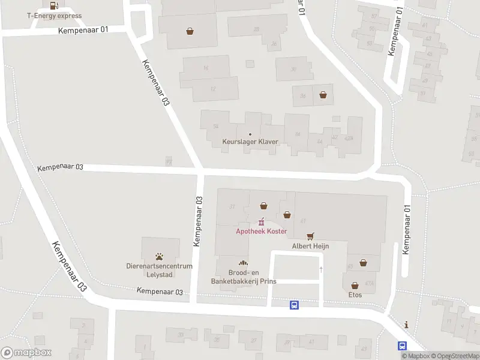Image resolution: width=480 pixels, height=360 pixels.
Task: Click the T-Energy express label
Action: click(x=54, y=16)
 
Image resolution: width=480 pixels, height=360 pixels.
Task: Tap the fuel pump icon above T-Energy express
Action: click(x=54, y=6)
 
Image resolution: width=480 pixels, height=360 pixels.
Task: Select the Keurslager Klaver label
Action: click(x=250, y=142)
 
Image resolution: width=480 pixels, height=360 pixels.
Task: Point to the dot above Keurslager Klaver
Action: click(x=250, y=134)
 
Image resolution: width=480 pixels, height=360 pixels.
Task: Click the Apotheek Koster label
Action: click(x=261, y=232)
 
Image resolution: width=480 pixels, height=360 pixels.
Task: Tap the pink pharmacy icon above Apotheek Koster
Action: click(x=261, y=223)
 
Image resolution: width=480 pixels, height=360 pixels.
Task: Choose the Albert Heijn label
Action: click(x=310, y=246)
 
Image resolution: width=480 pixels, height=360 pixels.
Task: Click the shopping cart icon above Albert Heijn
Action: click(x=310, y=236)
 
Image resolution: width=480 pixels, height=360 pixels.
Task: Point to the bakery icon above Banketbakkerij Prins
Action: click(x=243, y=263)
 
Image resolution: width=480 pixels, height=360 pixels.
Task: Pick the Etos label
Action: click(x=355, y=295)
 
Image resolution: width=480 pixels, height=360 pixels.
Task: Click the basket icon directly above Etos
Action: click(x=355, y=286)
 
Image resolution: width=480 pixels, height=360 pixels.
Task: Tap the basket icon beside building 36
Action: click(x=323, y=95)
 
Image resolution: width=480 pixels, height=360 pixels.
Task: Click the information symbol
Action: click(x=407, y=325)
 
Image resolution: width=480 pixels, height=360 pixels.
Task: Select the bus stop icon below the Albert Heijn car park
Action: click(x=294, y=305)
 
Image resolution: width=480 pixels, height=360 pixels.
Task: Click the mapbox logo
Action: click(x=26, y=353)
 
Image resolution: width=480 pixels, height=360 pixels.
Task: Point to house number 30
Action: click(x=293, y=69)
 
